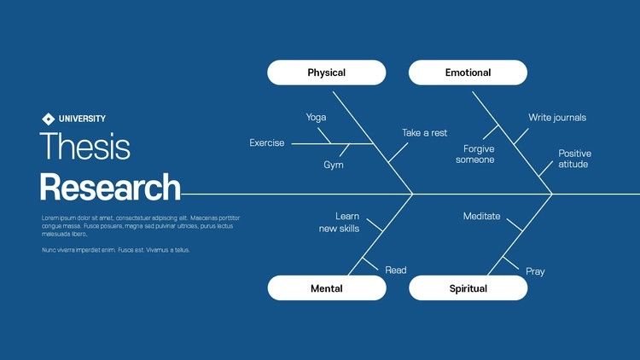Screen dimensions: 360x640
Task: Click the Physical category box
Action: tap(326, 73)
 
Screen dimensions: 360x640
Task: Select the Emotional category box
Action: tap(468, 73)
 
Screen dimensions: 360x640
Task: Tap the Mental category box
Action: tap(326, 288)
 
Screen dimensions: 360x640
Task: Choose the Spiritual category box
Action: tap(468, 288)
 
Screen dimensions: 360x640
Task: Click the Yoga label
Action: tap(316, 118)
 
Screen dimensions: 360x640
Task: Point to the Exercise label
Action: tap(267, 143)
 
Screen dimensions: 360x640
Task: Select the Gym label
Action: tap(334, 165)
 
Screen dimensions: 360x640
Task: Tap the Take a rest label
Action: tap(425, 133)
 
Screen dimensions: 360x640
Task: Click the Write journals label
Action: tap(557, 118)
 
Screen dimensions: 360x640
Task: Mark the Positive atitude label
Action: tap(574, 159)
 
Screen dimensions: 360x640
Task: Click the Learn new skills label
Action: tap(340, 223)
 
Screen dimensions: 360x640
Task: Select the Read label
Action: tap(396, 270)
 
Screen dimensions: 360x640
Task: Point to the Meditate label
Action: tap(482, 217)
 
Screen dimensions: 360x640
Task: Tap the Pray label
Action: tap(535, 271)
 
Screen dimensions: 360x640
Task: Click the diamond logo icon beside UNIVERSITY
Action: tap(48, 119)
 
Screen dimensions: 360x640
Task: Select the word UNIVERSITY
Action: tap(82, 119)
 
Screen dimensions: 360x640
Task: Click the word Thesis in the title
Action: tap(85, 147)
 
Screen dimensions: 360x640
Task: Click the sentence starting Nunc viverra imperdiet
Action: tap(116, 250)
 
